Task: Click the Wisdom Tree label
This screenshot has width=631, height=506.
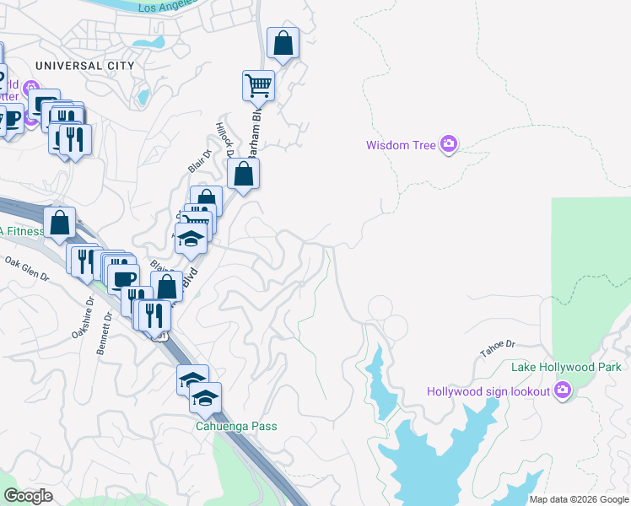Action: pyautogui.click(x=401, y=145)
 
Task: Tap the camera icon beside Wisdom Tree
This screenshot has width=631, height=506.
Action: pyautogui.click(x=449, y=145)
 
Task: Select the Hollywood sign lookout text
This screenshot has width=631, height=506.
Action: pyautogui.click(x=488, y=390)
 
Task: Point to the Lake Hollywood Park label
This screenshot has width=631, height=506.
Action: pyautogui.click(x=566, y=367)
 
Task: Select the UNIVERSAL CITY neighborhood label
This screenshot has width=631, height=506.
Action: pyautogui.click(x=84, y=65)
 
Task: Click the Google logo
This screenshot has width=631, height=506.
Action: pyautogui.click(x=30, y=496)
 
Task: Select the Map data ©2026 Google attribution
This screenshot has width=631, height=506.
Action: pyautogui.click(x=579, y=499)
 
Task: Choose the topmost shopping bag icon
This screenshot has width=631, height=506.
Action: pyautogui.click(x=283, y=43)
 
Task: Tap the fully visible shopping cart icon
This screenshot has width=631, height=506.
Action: pyautogui.click(x=258, y=84)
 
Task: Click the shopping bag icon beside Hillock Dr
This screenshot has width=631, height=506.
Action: pyautogui.click(x=243, y=175)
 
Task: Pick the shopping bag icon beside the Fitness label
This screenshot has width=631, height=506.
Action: pyautogui.click(x=59, y=223)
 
